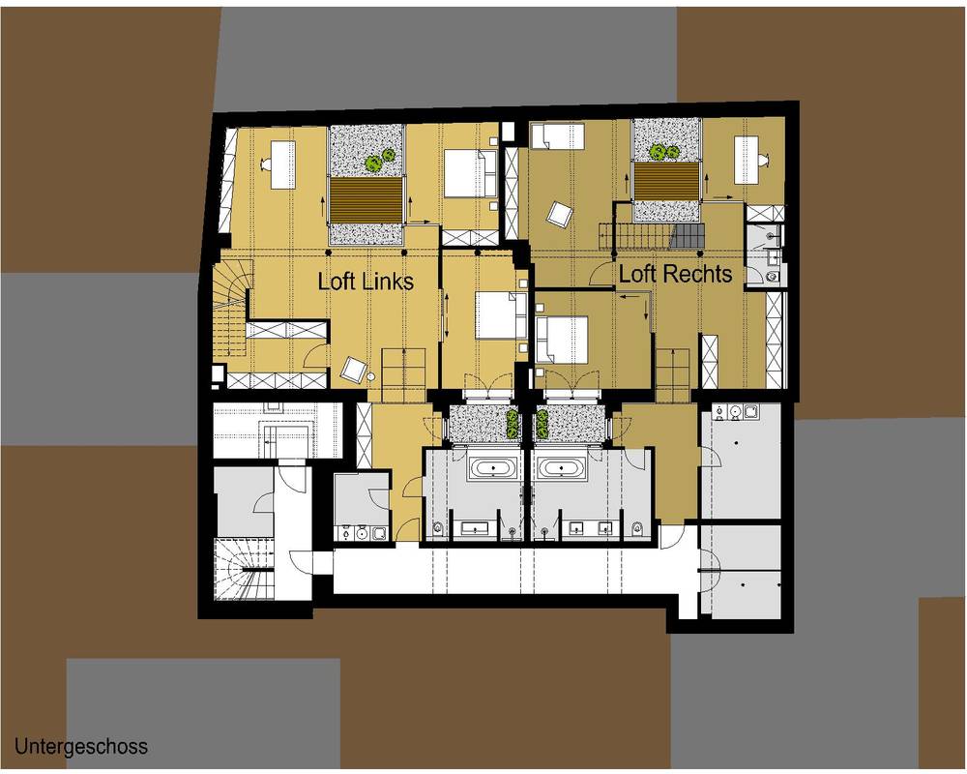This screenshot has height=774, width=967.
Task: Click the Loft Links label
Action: [366, 282]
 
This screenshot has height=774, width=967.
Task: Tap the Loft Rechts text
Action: [675, 274]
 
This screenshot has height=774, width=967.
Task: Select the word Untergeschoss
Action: [81, 746]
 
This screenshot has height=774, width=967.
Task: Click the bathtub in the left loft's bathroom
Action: [491, 467]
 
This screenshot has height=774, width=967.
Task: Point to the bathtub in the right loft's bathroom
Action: [560, 467]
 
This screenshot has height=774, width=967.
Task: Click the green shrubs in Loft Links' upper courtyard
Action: [379, 160]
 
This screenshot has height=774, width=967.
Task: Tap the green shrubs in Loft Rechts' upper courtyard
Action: [663, 151]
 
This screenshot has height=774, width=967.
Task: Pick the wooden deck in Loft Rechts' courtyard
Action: [667, 182]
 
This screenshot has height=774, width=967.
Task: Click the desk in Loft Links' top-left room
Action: [283, 164]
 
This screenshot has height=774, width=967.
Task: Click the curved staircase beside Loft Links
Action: [232, 308]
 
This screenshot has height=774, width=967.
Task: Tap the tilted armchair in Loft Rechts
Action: [560, 216]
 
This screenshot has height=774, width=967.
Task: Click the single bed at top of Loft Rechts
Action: [557, 135]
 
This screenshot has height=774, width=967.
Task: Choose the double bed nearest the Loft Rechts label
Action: [561, 340]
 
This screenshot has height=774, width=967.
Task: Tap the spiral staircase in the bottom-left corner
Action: [243, 569]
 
